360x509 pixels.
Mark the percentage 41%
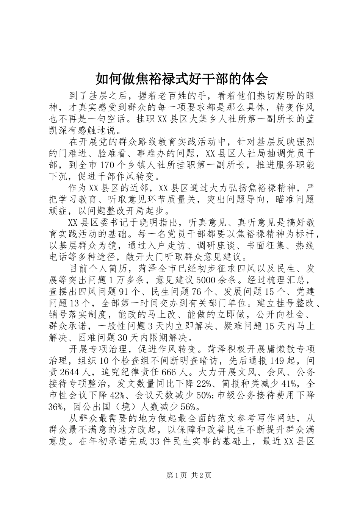[x=291, y=383]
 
